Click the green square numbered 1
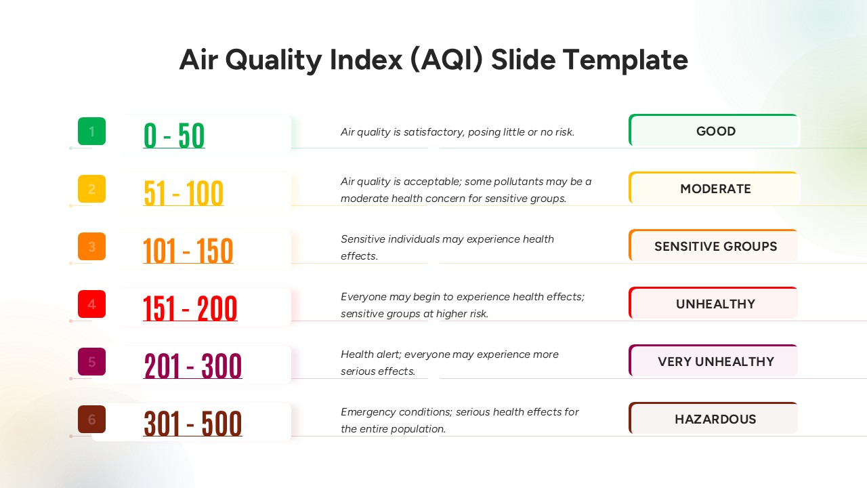coord(91,131)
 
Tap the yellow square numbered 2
coord(91,188)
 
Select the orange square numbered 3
coord(91,246)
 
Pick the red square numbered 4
coord(91,304)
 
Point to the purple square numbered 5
coord(91,362)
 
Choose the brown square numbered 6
coord(91,419)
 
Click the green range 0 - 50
coord(174,136)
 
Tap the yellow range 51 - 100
coord(184,193)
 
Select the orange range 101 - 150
coord(188,251)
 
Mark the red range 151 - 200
coord(190,308)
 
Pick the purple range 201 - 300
coord(193,366)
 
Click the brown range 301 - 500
coord(193,424)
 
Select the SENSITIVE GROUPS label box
coord(713,246)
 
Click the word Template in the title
coord(625,60)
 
